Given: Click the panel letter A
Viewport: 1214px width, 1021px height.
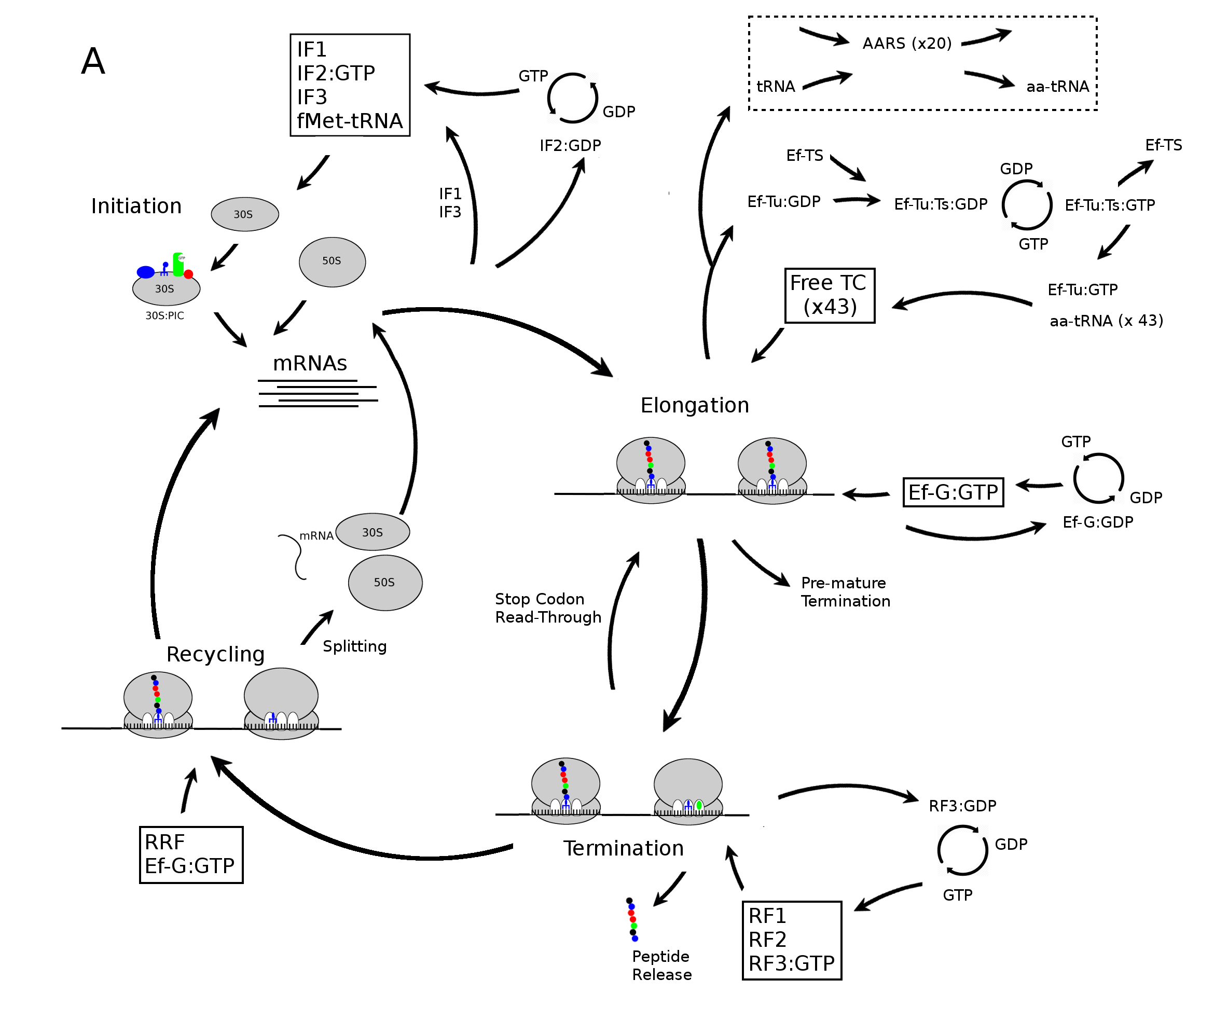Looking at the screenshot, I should [93, 61].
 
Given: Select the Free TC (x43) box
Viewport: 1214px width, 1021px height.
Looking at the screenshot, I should [829, 295].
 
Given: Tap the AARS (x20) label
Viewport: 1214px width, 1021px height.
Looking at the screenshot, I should [906, 44].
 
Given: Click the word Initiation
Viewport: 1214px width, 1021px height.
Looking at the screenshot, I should [136, 206].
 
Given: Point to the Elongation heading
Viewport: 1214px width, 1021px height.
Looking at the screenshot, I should [694, 405].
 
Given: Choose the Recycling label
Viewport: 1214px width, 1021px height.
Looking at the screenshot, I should [215, 654].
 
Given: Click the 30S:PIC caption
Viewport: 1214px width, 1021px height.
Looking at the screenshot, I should [164, 315].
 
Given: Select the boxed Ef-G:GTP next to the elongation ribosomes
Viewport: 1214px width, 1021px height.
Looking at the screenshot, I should [953, 492].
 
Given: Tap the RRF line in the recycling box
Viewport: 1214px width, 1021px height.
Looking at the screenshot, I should [165, 842].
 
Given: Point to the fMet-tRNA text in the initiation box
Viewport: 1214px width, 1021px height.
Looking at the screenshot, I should [350, 121].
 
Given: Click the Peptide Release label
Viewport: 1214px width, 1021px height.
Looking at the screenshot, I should [661, 965].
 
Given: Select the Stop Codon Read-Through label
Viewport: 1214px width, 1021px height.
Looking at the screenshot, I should [547, 608].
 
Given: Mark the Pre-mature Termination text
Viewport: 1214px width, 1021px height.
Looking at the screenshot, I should [845, 591].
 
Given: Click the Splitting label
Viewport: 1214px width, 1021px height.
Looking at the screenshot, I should [354, 646].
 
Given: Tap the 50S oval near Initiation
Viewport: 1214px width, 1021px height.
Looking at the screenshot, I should [332, 261].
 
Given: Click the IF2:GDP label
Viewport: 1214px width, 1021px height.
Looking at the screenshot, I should [570, 145].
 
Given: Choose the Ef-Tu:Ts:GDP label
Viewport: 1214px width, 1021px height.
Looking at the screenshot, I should [940, 204].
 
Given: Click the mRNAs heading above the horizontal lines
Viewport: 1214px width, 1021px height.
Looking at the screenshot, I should [310, 364].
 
